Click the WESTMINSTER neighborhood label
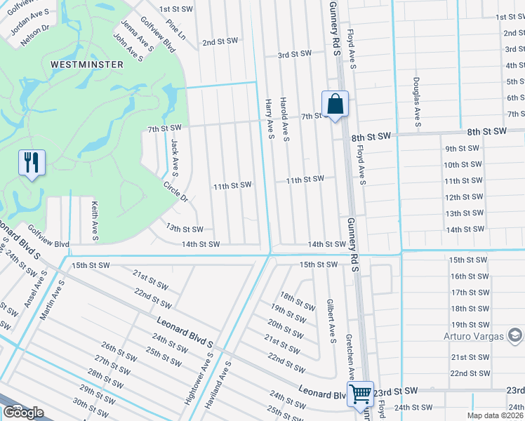[87, 64]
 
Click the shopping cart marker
[360, 394]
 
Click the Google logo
[23, 413]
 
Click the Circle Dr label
[175, 192]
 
